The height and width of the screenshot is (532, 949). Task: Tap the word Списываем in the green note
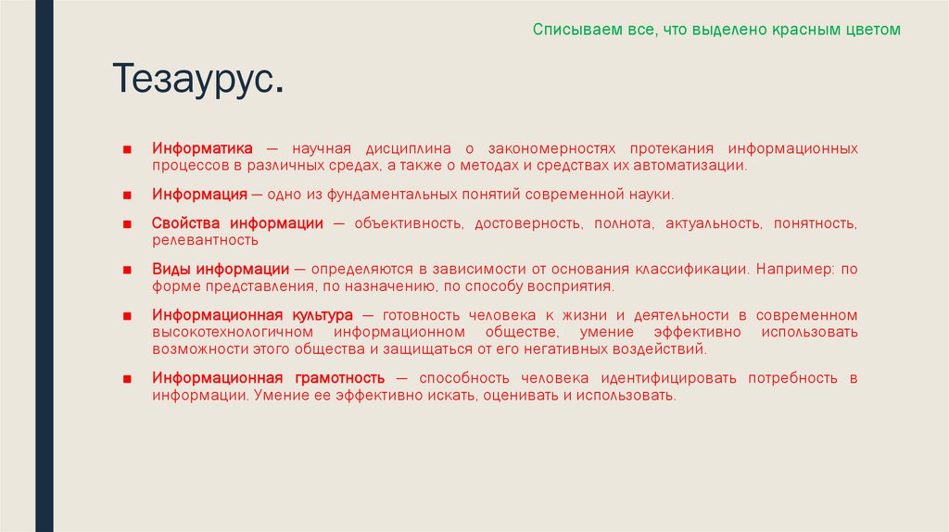[x=568, y=30]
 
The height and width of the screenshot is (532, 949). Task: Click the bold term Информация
[x=200, y=195]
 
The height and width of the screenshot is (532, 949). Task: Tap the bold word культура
[x=322, y=315]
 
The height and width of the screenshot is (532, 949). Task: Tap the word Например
[x=793, y=269]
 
